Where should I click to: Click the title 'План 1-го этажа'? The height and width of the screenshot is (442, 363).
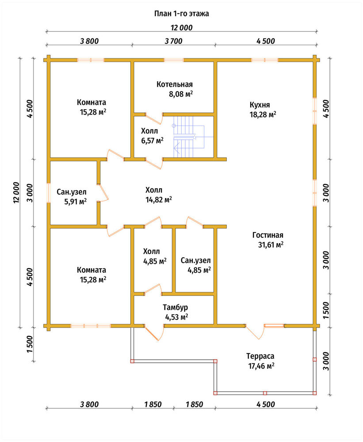click(x=181, y=14)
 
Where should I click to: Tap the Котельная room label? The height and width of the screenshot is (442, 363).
click(x=175, y=84)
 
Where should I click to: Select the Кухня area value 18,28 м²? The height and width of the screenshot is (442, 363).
click(x=263, y=114)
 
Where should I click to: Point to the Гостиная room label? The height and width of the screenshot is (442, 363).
click(x=267, y=235)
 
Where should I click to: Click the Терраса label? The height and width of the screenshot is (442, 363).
click(x=260, y=356)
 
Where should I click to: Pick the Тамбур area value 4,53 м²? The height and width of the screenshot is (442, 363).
click(x=176, y=317)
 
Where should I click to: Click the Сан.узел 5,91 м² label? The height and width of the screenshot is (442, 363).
click(x=72, y=197)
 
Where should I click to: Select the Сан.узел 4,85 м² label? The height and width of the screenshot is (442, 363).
click(x=196, y=265)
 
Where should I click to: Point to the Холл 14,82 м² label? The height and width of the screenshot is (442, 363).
click(x=159, y=194)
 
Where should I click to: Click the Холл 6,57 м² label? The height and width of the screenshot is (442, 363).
click(x=152, y=136)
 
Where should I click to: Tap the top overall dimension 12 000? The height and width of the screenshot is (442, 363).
click(x=182, y=27)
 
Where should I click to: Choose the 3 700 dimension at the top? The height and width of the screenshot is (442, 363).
click(x=173, y=41)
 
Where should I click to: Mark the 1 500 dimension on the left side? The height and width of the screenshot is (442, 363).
click(x=30, y=344)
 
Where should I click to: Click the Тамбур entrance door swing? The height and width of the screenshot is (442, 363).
click(x=154, y=333)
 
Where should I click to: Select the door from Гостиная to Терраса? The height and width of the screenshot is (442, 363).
click(x=255, y=331)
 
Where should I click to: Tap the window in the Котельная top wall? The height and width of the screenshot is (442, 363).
click(x=174, y=60)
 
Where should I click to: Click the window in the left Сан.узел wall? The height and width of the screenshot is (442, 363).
click(x=49, y=193)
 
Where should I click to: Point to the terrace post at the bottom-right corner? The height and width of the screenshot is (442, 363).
click(x=314, y=392)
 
